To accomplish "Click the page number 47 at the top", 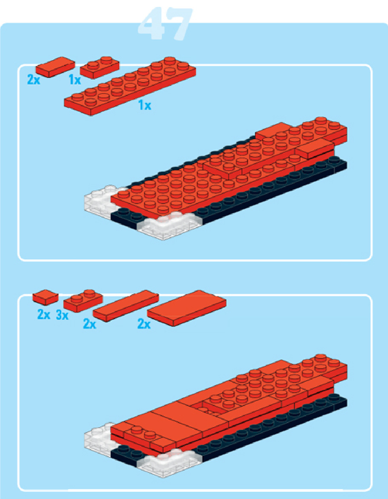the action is click(x=165, y=24).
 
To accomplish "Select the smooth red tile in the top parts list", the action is click(x=55, y=67).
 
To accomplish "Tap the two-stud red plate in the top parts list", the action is click(x=100, y=67).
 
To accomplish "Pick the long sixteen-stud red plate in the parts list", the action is click(x=130, y=86).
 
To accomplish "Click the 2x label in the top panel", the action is click(x=34, y=79).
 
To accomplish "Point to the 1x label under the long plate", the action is click(x=145, y=105).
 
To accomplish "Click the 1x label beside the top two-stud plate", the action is click(x=75, y=80).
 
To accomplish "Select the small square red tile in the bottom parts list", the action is click(x=45, y=297).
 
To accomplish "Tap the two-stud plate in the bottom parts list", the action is click(x=83, y=301).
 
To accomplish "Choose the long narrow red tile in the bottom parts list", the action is click(x=126, y=306).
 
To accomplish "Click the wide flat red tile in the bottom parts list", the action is click(x=186, y=308).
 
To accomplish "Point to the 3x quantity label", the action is click(x=62, y=315).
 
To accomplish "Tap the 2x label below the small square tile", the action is click(x=43, y=315).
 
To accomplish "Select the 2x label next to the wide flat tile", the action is click(x=144, y=324).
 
